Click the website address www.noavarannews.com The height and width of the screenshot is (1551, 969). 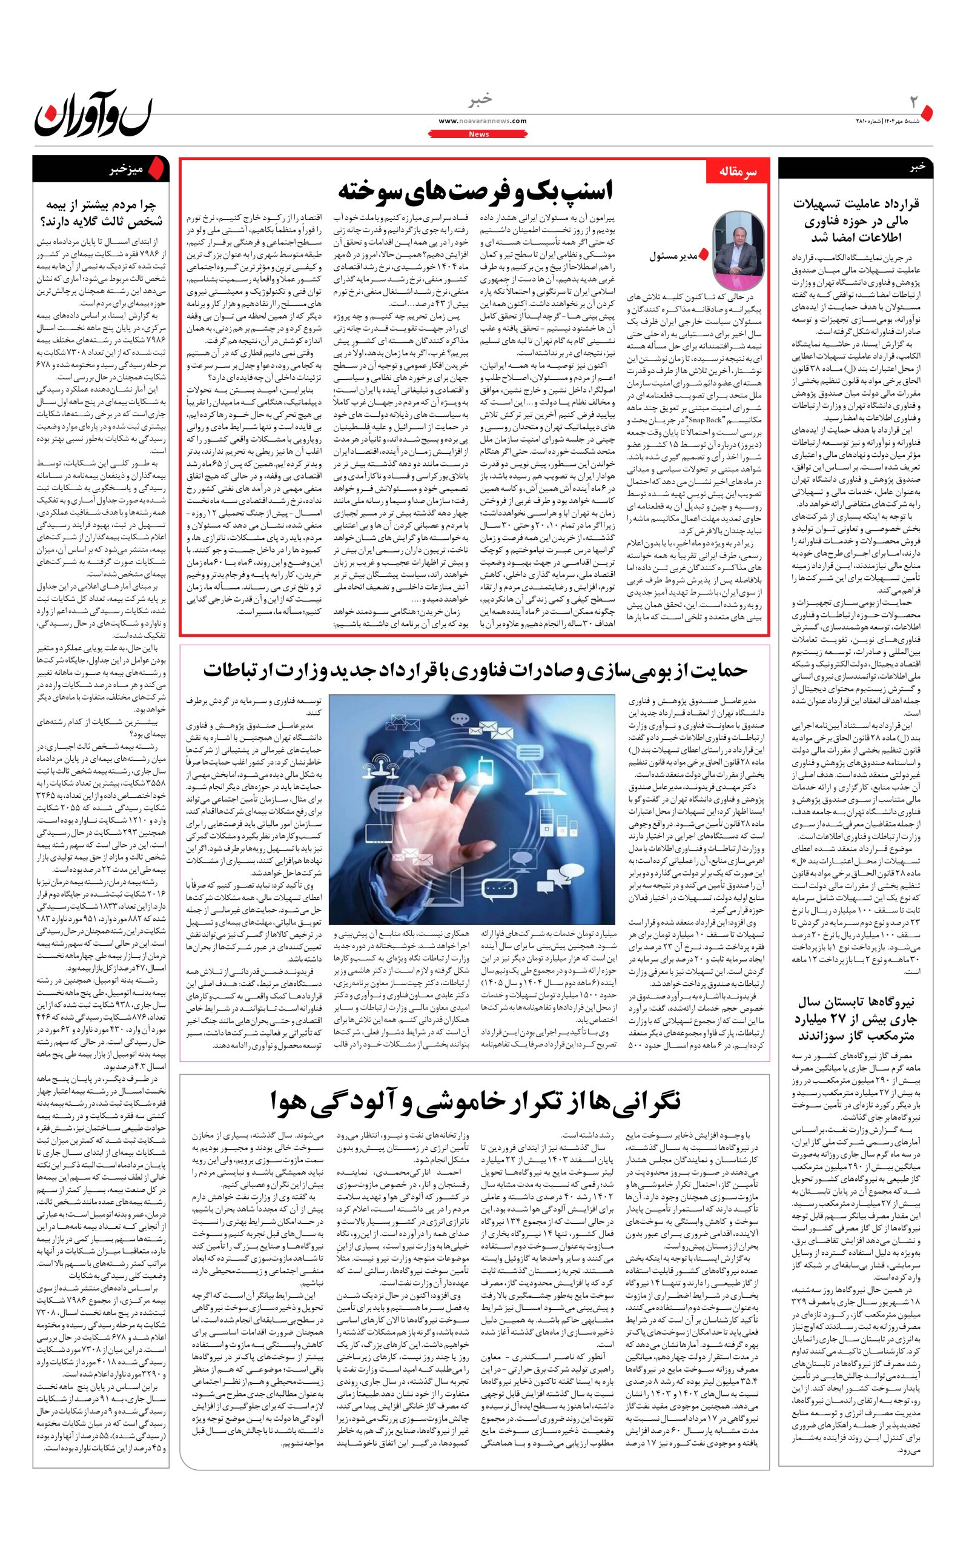click(483, 121)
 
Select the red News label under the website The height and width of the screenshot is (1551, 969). click(478, 134)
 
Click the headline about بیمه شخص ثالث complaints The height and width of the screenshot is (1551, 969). click(101, 213)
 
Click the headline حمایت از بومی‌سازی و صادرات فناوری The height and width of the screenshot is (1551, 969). click(475, 669)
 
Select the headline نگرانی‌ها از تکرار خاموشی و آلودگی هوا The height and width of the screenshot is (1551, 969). click(475, 1103)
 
